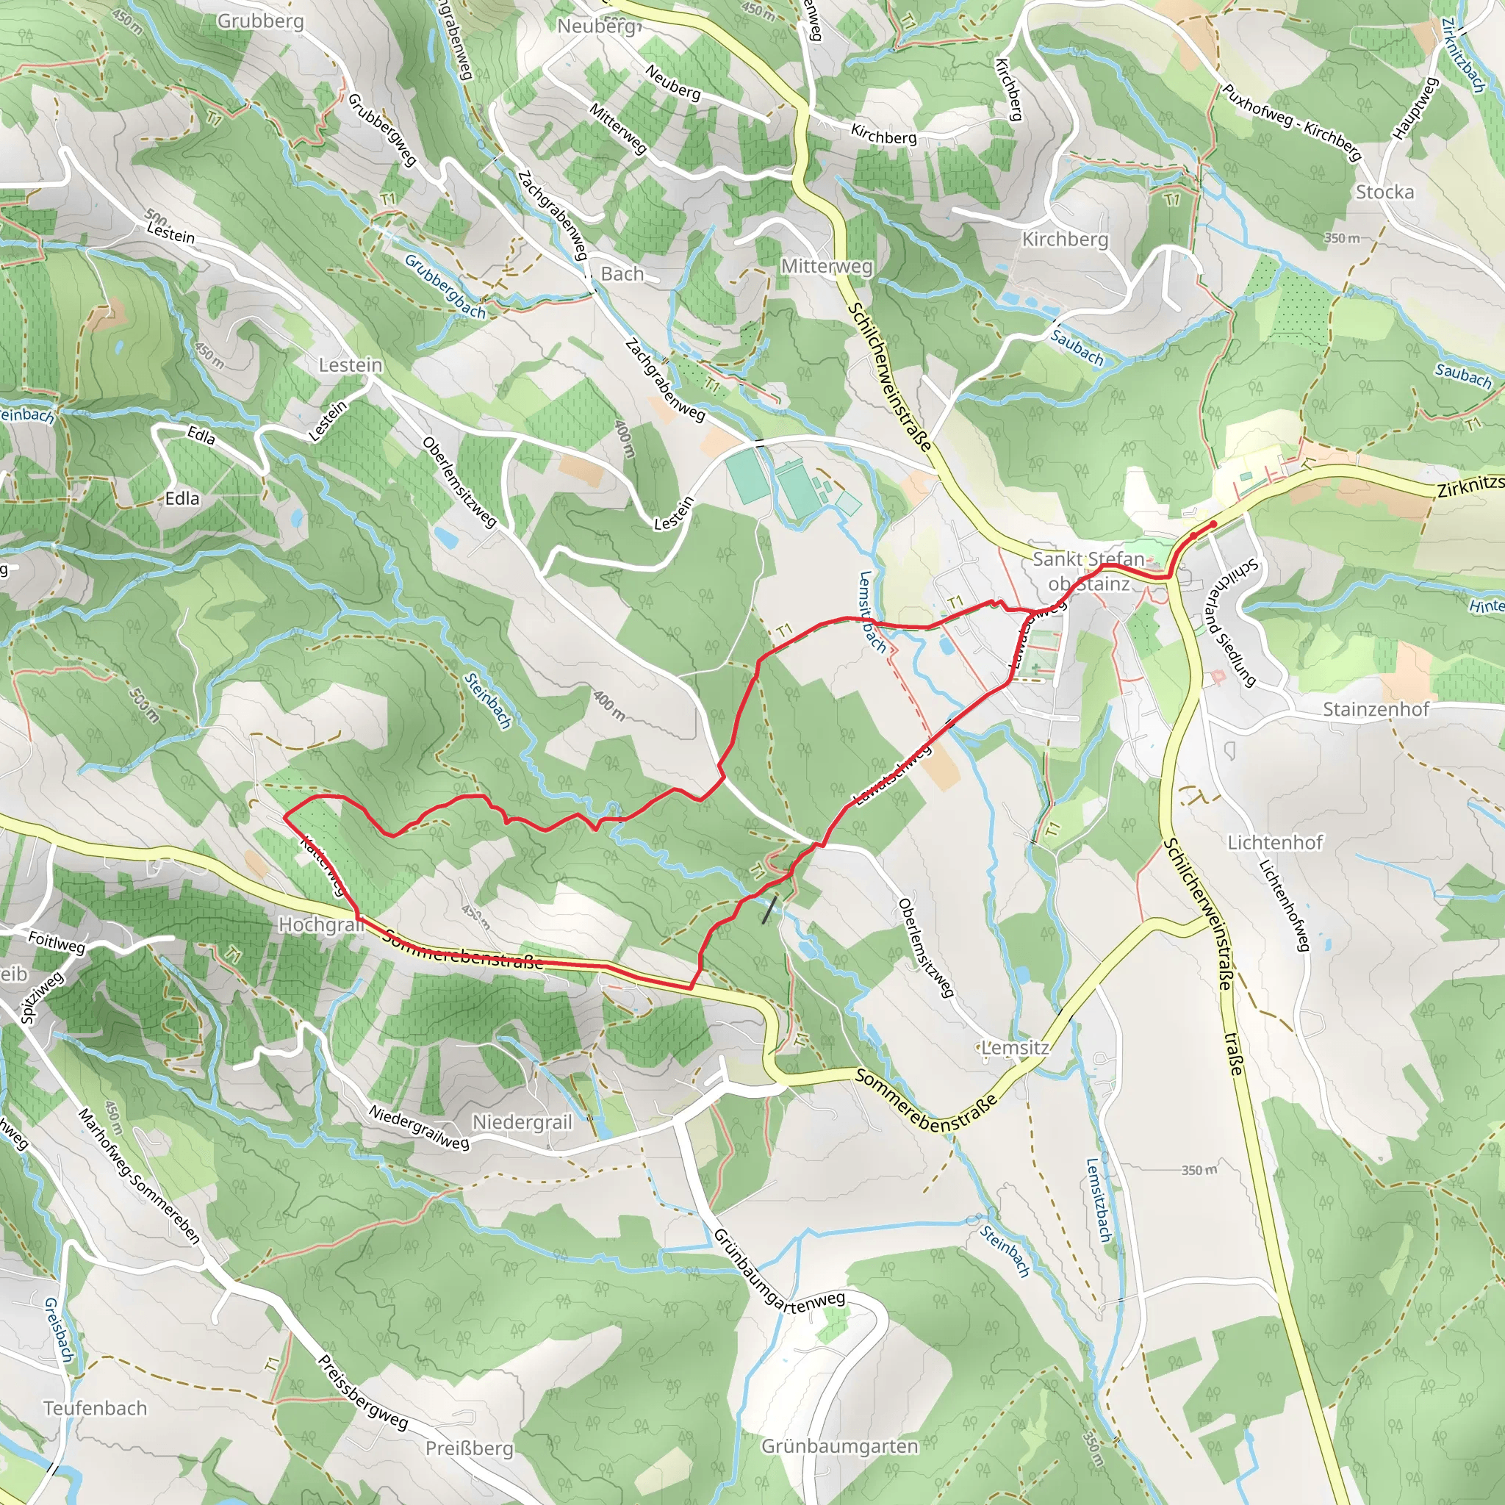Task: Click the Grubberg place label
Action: pos(260,21)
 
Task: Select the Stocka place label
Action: pos(1384,192)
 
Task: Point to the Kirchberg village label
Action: pos(1065,239)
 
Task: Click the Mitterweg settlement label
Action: pos(827,267)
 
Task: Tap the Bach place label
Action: pos(622,274)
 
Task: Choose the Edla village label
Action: pos(182,498)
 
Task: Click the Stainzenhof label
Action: pos(1376,710)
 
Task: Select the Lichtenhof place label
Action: pos(1275,843)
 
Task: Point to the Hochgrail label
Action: pos(321,925)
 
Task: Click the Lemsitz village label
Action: pos(1015,1048)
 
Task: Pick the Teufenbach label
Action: pos(95,1409)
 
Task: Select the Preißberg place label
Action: pos(469,1448)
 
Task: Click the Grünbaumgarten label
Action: pos(840,1446)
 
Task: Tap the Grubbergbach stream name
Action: pos(445,287)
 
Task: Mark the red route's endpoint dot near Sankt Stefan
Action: pos(1213,524)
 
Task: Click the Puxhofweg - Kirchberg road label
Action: pos(1290,122)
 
